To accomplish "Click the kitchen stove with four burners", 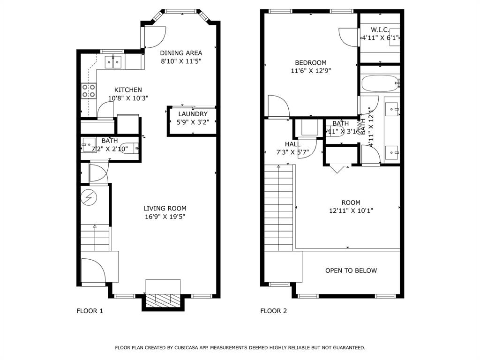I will (x=89, y=90).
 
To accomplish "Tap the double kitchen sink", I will (x=112, y=61).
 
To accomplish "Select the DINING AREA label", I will (x=181, y=53).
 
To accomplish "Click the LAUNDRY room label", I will (x=193, y=114).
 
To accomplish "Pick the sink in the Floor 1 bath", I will (x=89, y=143).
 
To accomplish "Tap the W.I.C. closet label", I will (x=380, y=30).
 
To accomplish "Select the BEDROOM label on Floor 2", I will (x=310, y=63).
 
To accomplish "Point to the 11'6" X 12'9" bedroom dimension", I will (x=310, y=71).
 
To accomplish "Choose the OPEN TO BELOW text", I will (x=351, y=270).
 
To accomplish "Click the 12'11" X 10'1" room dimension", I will (x=351, y=211).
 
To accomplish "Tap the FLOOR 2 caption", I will (x=273, y=311).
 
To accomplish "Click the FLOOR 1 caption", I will (x=90, y=311).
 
